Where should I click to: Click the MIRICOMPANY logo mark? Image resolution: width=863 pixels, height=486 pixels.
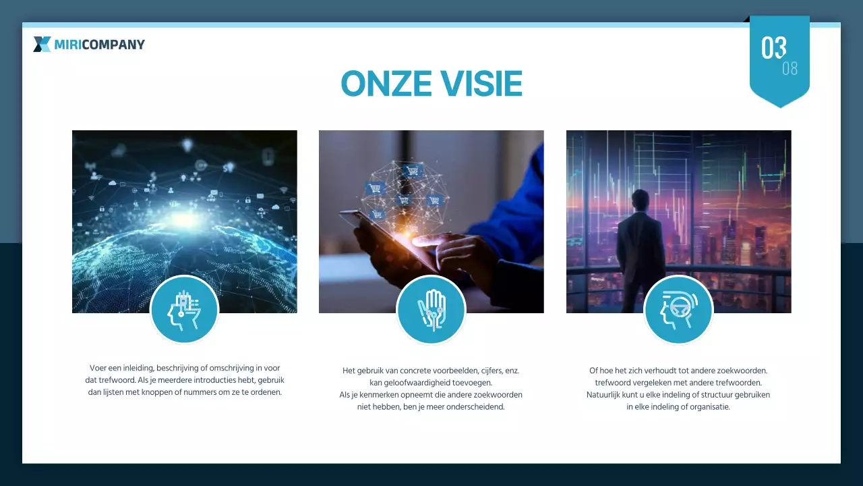pyautogui.click(x=42, y=45)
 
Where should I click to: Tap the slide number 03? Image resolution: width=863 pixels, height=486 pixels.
pyautogui.click(x=774, y=48)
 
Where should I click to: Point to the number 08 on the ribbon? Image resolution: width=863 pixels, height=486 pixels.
pyautogui.click(x=790, y=69)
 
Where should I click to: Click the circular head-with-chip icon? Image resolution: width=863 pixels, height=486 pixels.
pyautogui.click(x=184, y=310)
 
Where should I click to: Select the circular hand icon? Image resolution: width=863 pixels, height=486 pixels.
pyautogui.click(x=431, y=310)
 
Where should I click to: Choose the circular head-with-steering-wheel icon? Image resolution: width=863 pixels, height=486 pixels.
pyautogui.click(x=678, y=310)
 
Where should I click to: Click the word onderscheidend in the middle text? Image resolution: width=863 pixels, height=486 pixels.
pyautogui.click(x=475, y=407)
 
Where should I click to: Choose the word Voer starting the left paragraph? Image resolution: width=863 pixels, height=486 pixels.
pyautogui.click(x=98, y=368)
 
